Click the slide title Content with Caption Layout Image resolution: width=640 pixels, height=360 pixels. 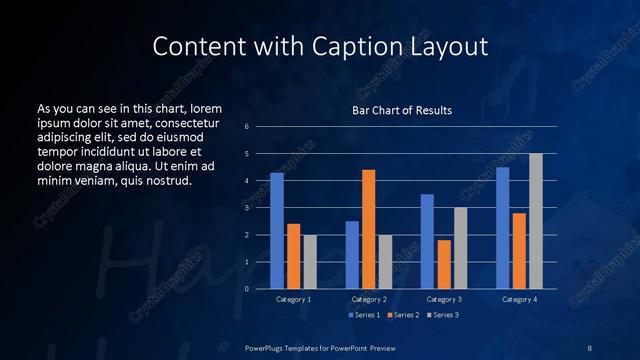coord(320,46)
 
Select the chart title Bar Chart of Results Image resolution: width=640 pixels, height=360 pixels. coord(402,110)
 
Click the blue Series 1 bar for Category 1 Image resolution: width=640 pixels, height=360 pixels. coord(277,231)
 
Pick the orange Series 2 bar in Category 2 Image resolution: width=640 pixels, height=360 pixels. coord(368,229)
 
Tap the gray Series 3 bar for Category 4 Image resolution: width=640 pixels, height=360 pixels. coord(536,221)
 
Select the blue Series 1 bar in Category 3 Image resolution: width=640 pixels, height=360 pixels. coord(427,241)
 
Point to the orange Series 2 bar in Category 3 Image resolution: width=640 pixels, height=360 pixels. coord(443,264)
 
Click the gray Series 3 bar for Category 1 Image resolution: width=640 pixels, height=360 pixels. coord(309,262)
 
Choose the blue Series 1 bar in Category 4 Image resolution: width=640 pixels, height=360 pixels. coord(502,228)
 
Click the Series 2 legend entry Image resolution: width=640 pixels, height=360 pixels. coord(402,315)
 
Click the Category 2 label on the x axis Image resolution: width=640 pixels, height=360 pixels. coord(369,299)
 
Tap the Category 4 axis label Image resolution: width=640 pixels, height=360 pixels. coord(519,299)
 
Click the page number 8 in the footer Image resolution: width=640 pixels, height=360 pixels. coord(590,347)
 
